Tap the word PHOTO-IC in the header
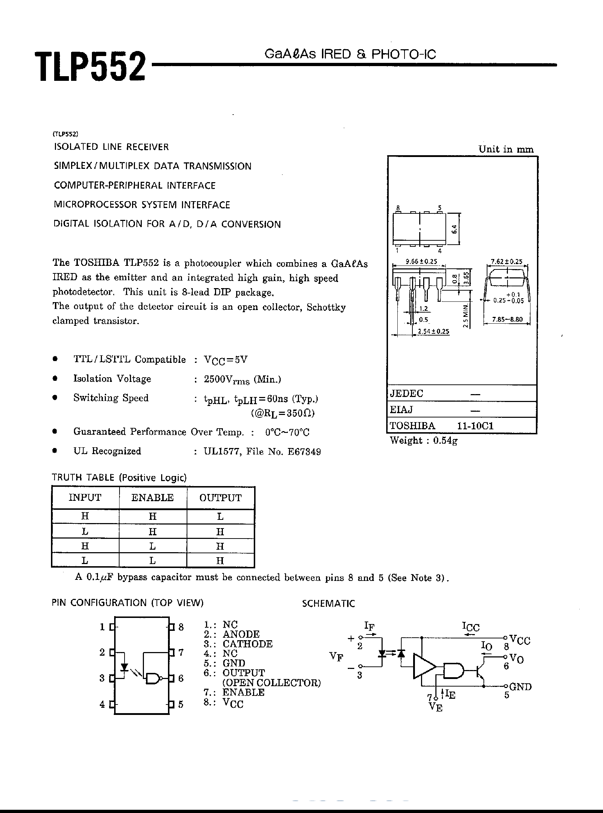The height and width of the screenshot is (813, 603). tap(403, 55)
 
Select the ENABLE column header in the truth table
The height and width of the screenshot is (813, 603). tap(153, 498)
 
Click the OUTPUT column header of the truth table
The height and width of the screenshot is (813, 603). tap(220, 498)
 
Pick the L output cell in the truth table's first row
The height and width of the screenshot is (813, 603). tap(220, 516)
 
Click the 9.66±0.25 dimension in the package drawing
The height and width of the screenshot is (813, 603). tap(421, 262)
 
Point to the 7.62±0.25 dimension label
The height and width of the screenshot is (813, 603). tap(507, 262)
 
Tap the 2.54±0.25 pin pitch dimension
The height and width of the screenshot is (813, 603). tap(433, 331)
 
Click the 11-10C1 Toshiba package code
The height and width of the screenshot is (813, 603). tap(475, 426)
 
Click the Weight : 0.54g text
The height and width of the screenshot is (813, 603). tap(424, 440)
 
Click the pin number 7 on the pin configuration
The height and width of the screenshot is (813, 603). tap(181, 652)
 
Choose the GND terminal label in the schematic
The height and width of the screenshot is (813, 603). tap(520, 687)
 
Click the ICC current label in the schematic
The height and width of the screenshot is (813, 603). tap(471, 627)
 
